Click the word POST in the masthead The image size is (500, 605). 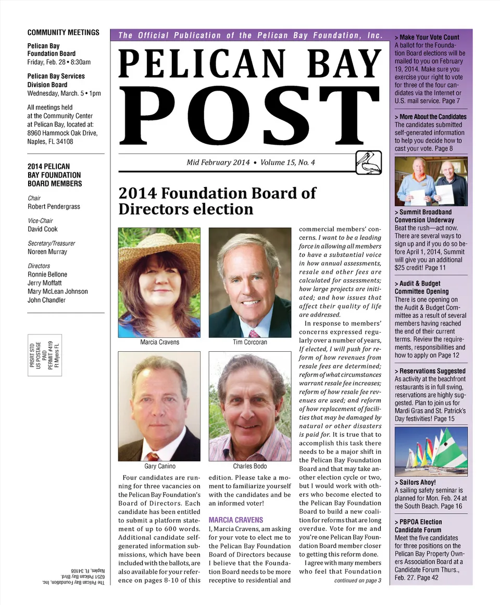pyautogui.click(x=251, y=115)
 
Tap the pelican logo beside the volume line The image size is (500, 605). pyautogui.click(x=369, y=162)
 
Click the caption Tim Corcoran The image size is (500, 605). pyautogui.click(x=250, y=342)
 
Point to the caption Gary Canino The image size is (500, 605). pyautogui.click(x=159, y=466)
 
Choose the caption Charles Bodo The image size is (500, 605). pyautogui.click(x=250, y=466)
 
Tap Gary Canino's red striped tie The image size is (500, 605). pyautogui.click(x=153, y=456)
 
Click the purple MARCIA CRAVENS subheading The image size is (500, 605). pyautogui.click(x=236, y=520)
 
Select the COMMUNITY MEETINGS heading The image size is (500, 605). pyautogui.click(x=63, y=32)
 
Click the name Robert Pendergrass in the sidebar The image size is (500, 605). pyautogui.click(x=54, y=206)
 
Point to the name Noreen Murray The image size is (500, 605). pyautogui.click(x=47, y=252)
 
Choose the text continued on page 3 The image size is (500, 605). pyautogui.click(x=358, y=581)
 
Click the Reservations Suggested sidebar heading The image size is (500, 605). pyautogui.click(x=430, y=371)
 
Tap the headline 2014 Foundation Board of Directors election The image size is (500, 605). pyautogui.click(x=217, y=201)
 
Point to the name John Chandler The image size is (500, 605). pyautogui.click(x=47, y=300)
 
